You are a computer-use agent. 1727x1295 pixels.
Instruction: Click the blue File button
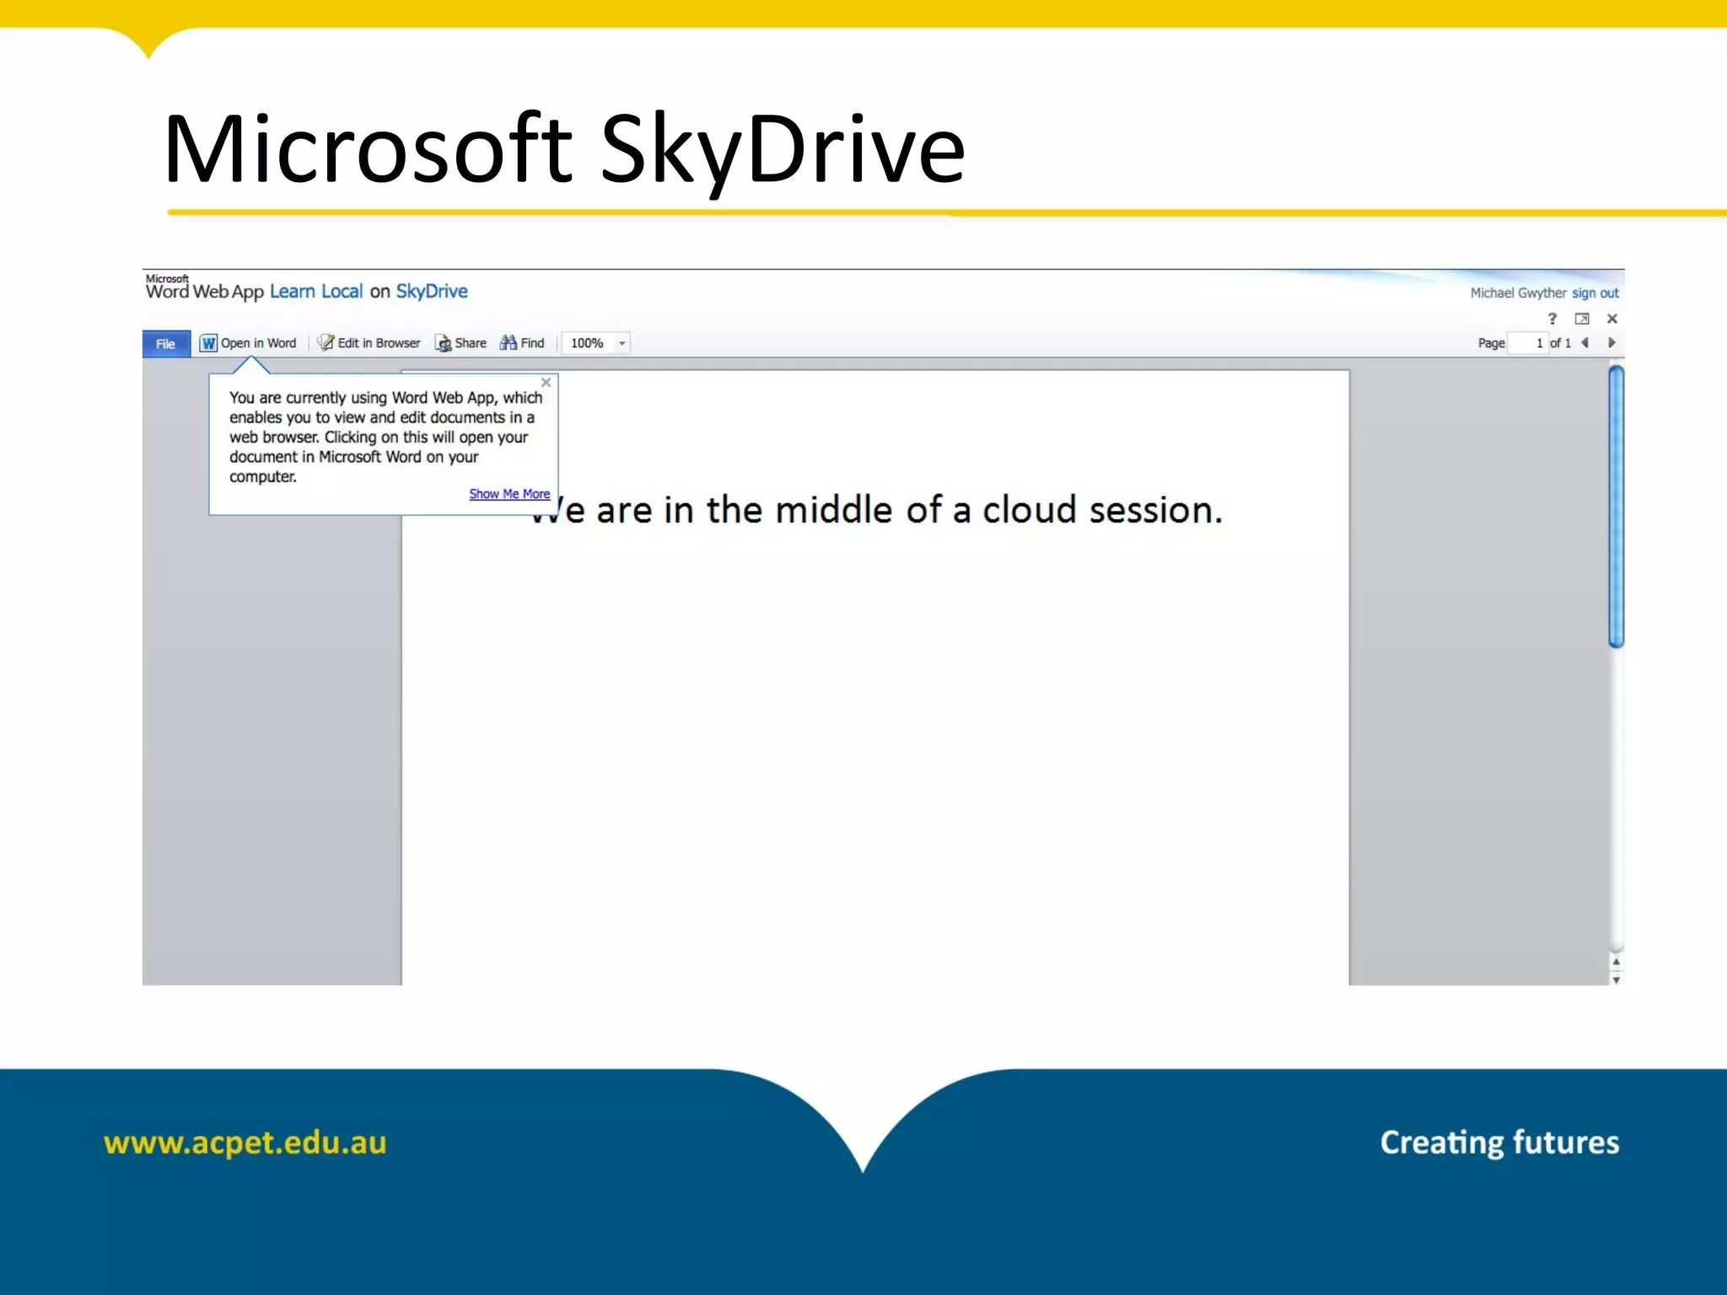tap(166, 344)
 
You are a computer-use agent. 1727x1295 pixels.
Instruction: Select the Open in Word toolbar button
tap(249, 343)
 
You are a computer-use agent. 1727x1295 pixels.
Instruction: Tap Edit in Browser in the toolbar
tap(369, 343)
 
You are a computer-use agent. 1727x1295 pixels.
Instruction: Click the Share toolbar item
tap(461, 343)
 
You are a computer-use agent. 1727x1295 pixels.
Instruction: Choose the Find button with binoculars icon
tap(523, 343)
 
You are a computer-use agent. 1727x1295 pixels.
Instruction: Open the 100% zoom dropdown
tap(621, 343)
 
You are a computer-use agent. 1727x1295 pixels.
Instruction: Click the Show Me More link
tap(509, 494)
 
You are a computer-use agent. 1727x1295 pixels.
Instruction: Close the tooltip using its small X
tap(546, 383)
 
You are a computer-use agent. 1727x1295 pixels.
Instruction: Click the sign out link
tap(1595, 293)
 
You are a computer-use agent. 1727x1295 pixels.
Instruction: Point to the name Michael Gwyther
tap(1518, 293)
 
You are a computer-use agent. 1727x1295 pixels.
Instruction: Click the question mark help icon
tap(1552, 319)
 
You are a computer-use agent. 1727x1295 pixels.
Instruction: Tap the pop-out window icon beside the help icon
tap(1582, 319)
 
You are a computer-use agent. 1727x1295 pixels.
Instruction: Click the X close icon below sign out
tap(1611, 319)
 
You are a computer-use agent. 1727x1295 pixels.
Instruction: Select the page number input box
tap(1528, 343)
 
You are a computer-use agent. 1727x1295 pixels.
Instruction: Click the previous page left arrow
tap(1585, 343)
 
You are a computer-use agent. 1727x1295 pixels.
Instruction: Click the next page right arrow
tap(1611, 343)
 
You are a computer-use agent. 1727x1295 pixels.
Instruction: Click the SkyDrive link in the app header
tap(432, 292)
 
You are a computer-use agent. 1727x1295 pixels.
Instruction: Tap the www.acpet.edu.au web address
tap(245, 1143)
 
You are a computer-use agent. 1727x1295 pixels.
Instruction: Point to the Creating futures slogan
tap(1499, 1143)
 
